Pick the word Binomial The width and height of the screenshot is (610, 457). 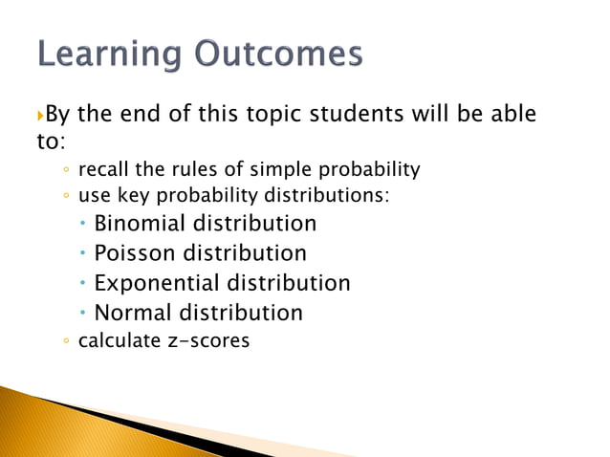click(140, 224)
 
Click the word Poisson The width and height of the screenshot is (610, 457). click(135, 253)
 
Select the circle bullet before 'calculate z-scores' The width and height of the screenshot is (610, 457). click(64, 341)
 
